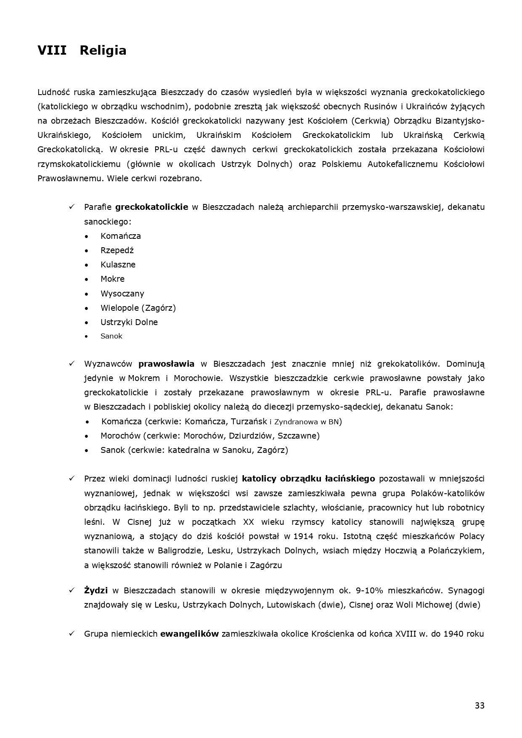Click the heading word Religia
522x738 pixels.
(103, 50)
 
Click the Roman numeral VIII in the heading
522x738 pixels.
(52, 50)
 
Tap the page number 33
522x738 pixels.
(480, 706)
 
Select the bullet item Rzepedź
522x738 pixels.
(117, 250)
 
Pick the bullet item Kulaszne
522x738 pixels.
(118, 265)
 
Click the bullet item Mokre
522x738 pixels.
(112, 279)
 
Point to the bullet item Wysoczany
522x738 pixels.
(122, 294)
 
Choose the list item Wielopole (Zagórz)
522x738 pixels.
(138, 308)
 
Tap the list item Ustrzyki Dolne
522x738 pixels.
(129, 322)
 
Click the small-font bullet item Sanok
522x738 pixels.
(111, 336)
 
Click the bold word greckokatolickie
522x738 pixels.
(151, 207)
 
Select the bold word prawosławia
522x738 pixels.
(167, 364)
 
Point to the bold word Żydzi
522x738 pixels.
(96, 590)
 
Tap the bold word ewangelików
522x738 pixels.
(189, 634)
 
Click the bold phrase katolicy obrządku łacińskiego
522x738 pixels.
(308, 479)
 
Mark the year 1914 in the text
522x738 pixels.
(303, 536)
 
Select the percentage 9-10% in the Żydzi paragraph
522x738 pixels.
(369, 590)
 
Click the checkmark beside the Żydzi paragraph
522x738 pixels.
(72, 590)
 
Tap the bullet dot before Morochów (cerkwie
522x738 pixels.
(87, 436)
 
